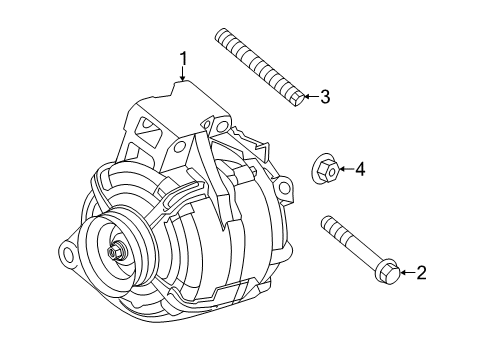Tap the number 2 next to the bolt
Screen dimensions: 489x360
[x=421, y=271]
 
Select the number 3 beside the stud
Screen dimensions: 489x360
[x=323, y=97]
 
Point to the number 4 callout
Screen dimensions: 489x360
[x=360, y=170]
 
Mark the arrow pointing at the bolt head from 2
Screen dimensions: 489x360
[x=405, y=271]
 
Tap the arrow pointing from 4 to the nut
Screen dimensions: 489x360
[x=345, y=170]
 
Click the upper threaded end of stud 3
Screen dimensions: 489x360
[x=225, y=39]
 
